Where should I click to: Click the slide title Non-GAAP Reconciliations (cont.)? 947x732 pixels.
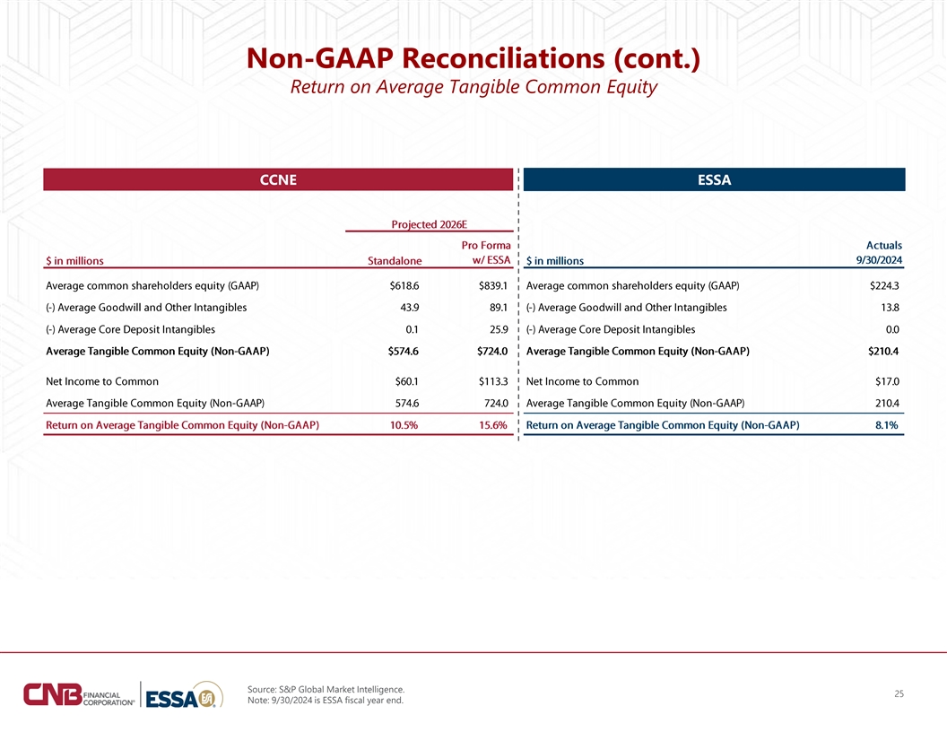(473, 58)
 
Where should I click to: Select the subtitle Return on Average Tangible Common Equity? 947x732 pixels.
(473, 87)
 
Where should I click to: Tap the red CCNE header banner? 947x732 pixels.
(278, 179)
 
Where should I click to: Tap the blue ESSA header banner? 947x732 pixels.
(714, 179)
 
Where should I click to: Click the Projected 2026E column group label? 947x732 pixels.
(430, 224)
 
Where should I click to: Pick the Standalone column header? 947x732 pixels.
(395, 261)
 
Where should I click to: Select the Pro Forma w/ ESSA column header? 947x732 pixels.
(486, 253)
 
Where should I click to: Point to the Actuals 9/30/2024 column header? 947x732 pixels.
(880, 253)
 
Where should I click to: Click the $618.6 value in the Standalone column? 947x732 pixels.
(404, 285)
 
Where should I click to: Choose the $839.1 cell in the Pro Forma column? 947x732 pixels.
(493, 285)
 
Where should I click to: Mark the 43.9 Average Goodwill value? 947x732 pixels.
(410, 308)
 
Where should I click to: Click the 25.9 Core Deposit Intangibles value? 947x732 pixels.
(499, 330)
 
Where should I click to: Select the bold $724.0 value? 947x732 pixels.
(492, 352)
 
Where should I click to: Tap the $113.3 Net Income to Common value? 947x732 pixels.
(493, 382)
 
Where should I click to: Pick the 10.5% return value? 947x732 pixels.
(404, 425)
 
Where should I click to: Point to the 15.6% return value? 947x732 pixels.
(493, 425)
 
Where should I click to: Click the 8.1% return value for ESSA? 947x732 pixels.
(887, 425)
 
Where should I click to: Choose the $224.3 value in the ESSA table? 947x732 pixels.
(884, 285)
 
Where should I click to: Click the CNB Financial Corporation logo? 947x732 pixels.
(79, 694)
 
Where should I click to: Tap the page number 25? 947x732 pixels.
(899, 694)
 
